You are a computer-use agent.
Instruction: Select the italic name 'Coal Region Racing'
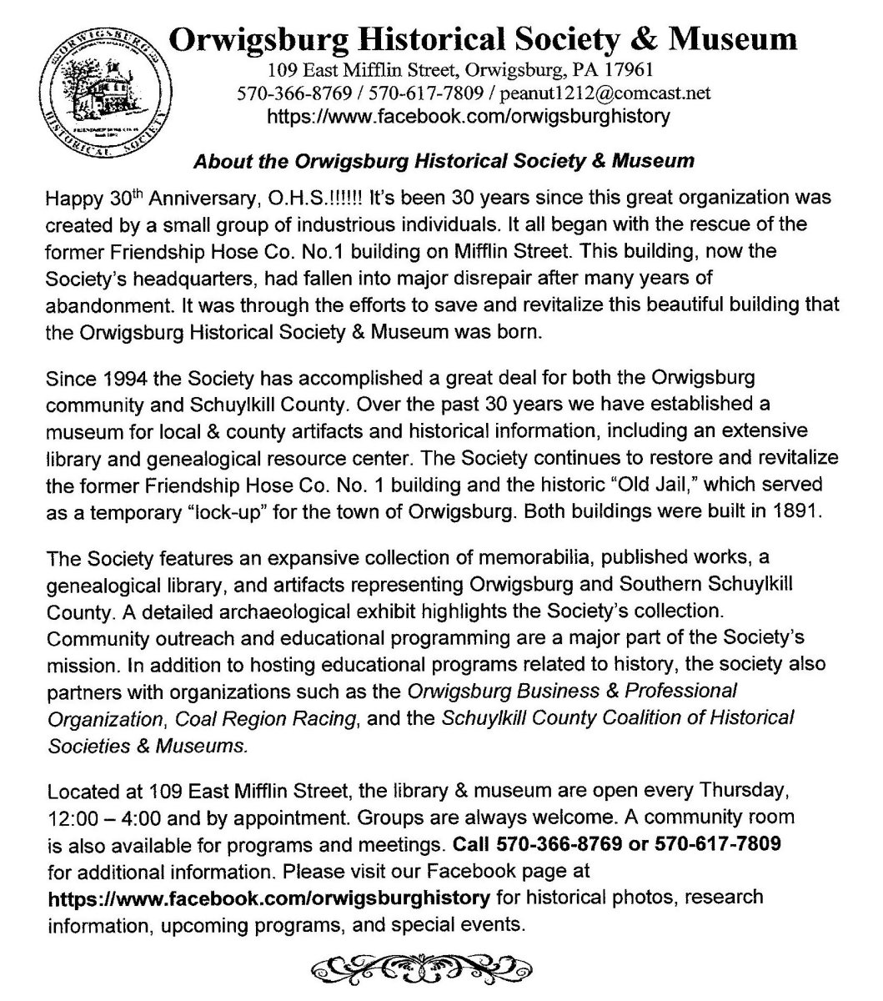(295, 717)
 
